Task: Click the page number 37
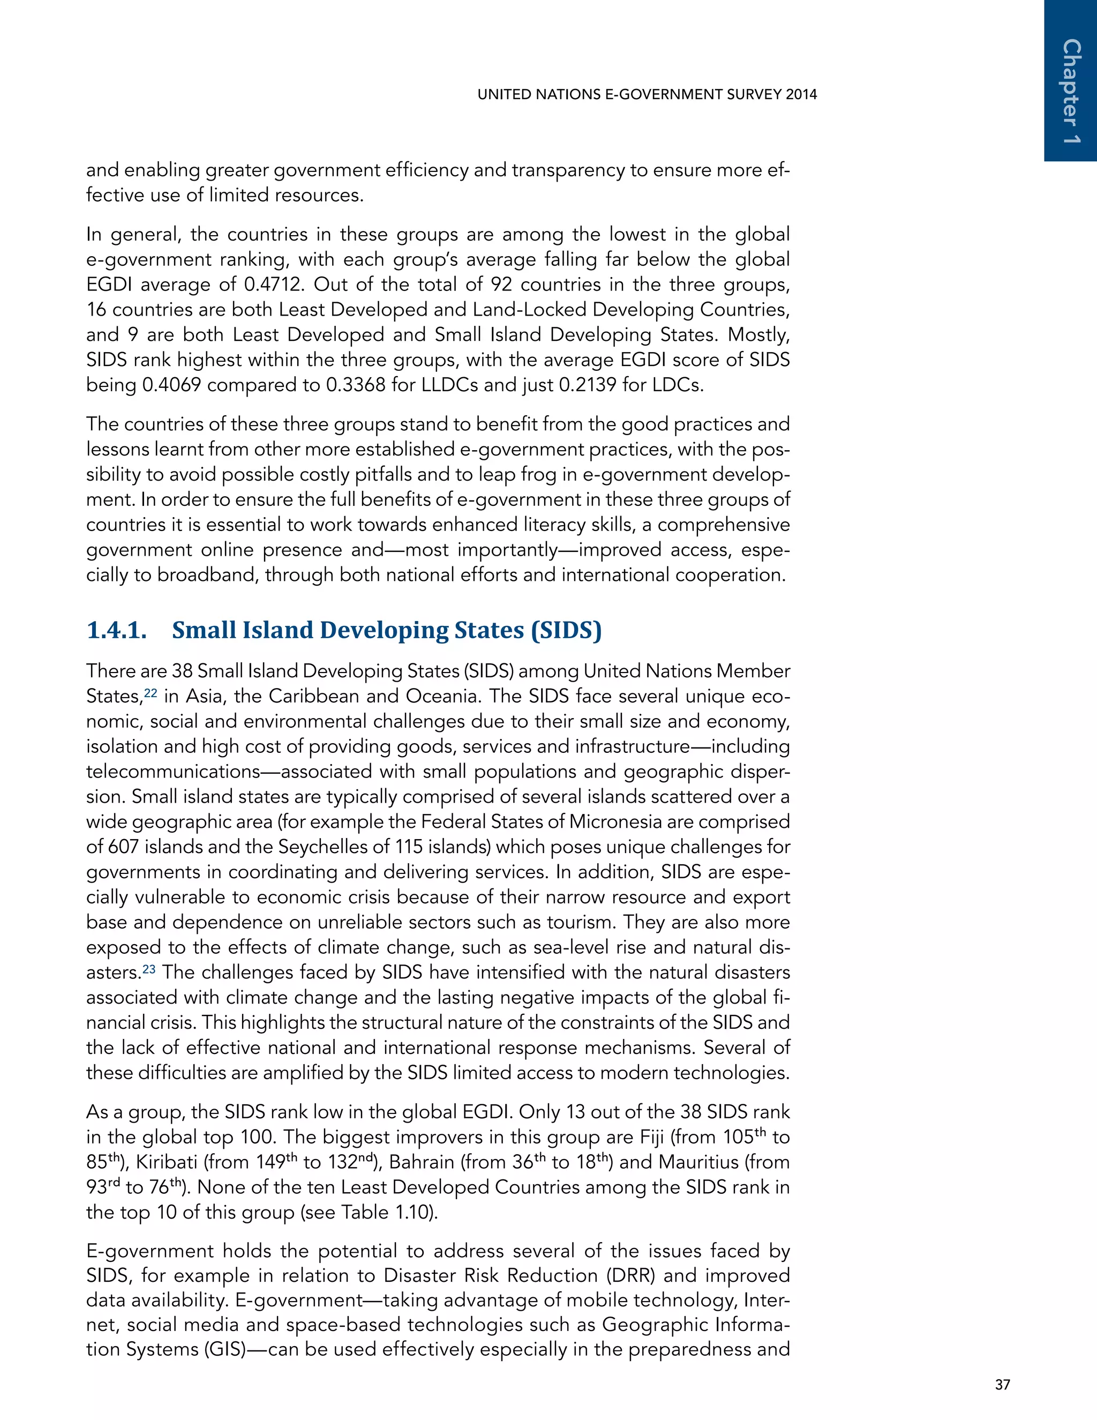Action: tap(1002, 1385)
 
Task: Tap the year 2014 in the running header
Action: tap(801, 94)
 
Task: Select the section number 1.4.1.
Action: tap(117, 630)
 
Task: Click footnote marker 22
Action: tap(150, 693)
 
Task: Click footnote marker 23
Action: tap(149, 969)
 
